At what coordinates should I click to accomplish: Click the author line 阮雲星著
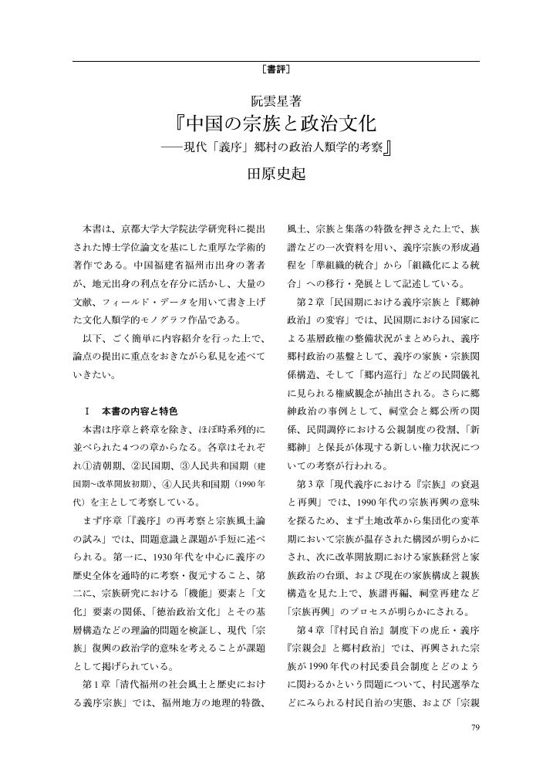tap(276, 100)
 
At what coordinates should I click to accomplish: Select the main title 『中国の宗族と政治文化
tap(275, 124)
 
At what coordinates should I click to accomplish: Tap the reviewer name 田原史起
tap(276, 174)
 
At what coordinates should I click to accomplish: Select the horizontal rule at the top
tap(276, 59)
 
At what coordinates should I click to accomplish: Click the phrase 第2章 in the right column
tap(308, 301)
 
